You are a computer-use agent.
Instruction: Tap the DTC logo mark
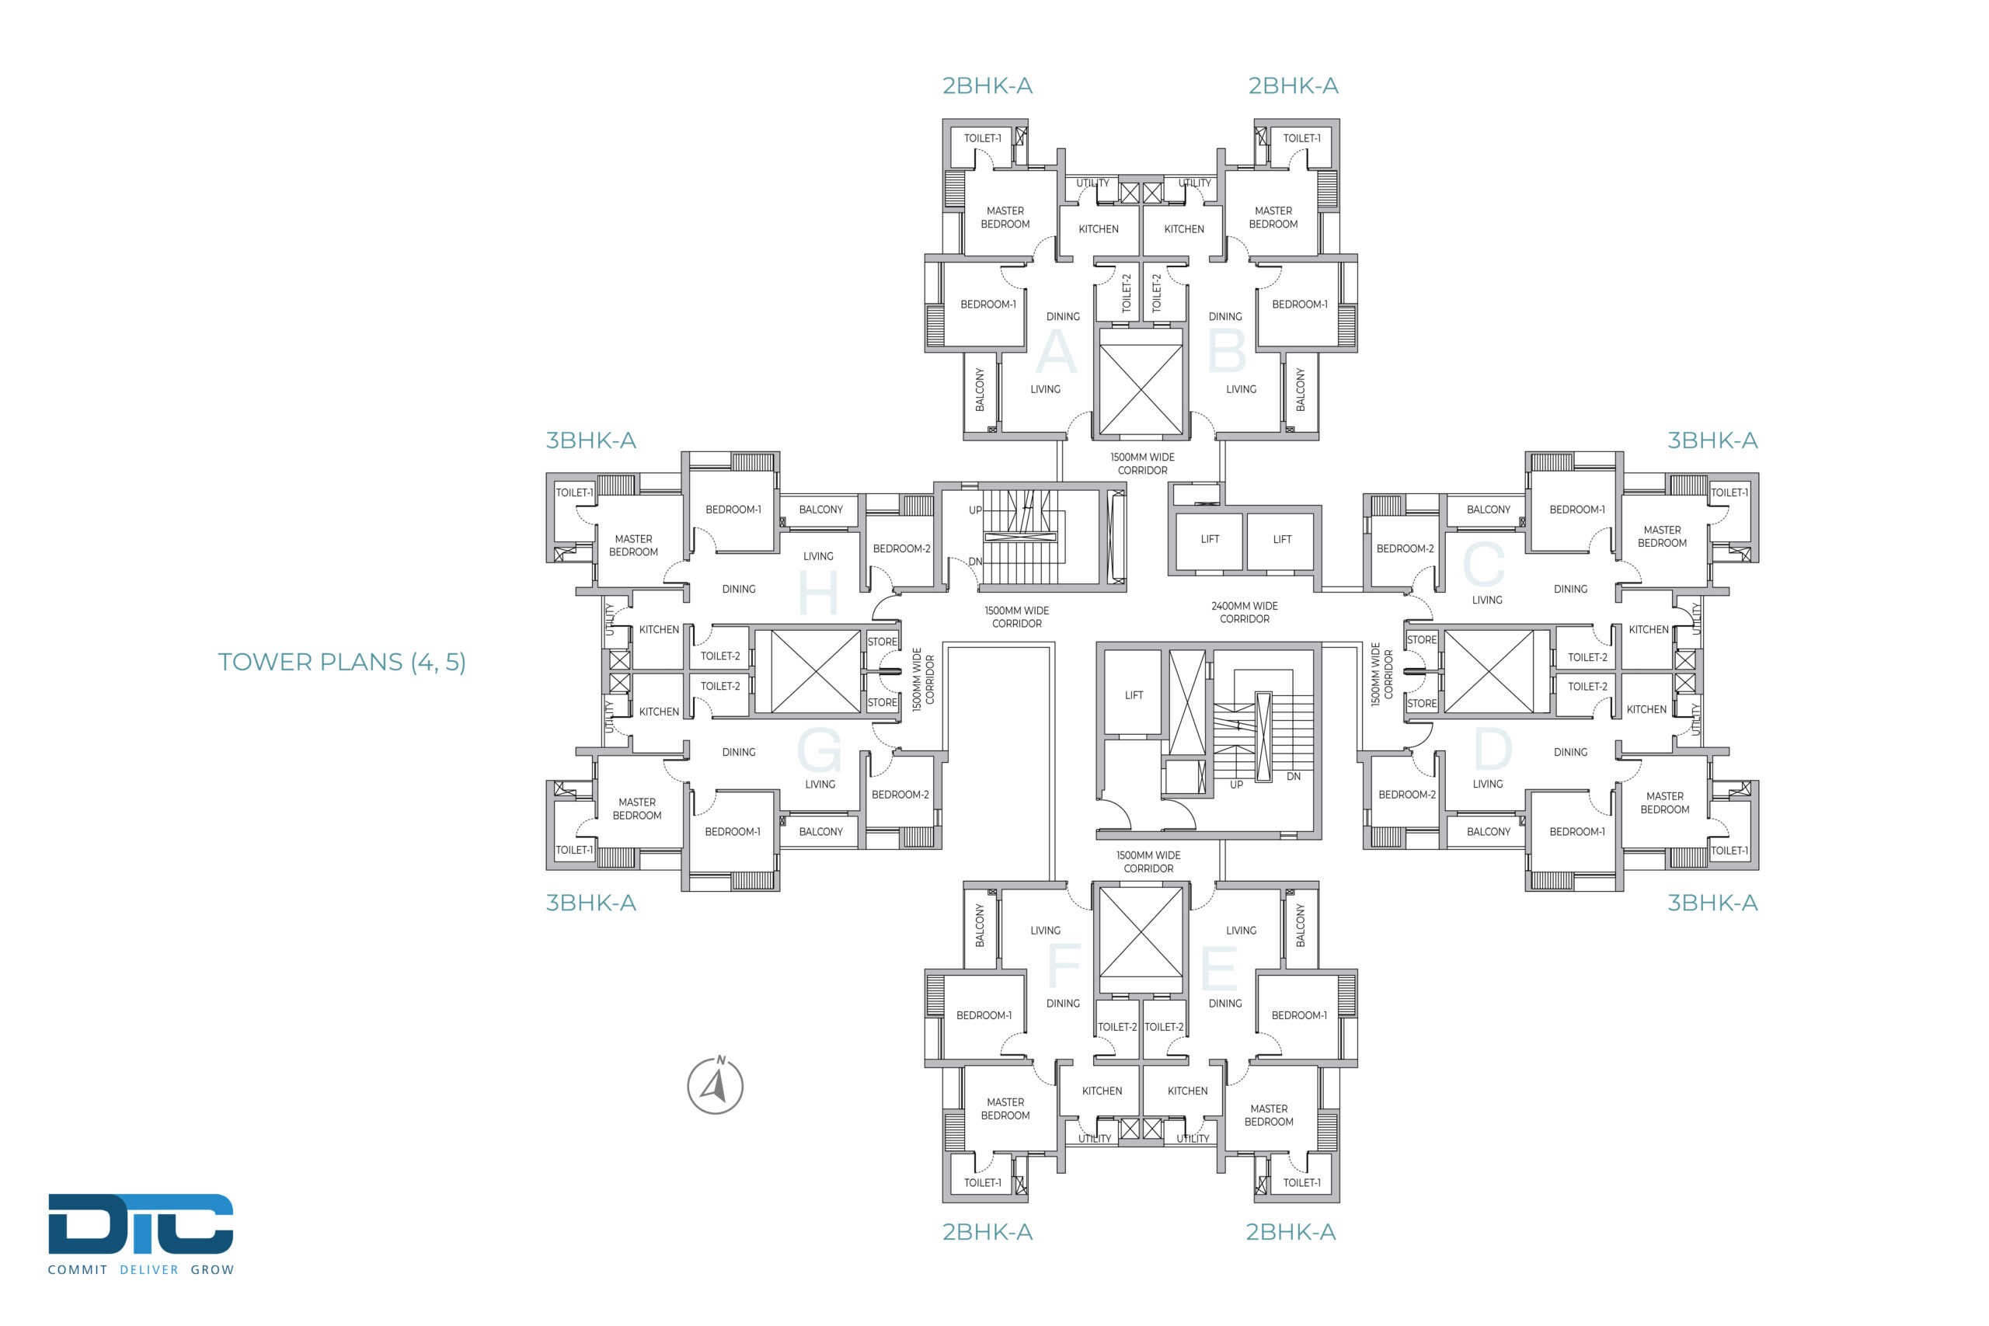141,1223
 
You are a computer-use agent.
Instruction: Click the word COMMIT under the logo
78,1269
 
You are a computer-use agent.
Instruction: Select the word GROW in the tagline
212,1269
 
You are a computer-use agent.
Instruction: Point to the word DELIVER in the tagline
149,1269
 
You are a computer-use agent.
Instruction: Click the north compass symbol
716,1085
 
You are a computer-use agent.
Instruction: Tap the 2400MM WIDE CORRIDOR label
1244,612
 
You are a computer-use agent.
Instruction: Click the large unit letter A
1056,351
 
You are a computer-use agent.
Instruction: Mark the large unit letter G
820,750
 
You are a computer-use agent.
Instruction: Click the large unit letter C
1484,563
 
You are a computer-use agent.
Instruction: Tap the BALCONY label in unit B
1301,390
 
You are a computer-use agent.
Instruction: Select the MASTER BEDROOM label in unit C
1662,537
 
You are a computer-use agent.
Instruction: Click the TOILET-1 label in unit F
983,1182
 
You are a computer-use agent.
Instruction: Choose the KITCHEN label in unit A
1099,229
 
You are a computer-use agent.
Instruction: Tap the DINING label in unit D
1570,752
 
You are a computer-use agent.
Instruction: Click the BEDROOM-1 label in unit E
1299,1015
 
